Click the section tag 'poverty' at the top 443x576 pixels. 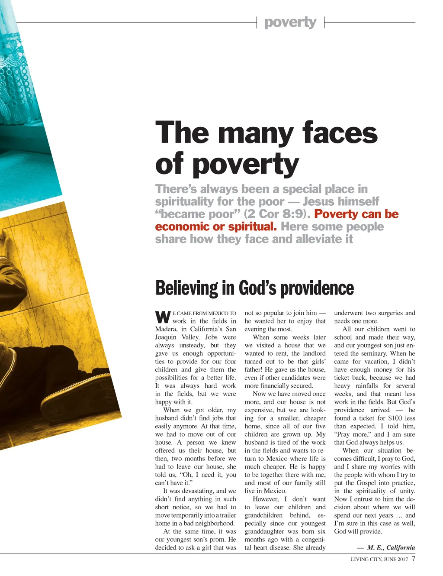[x=290, y=22]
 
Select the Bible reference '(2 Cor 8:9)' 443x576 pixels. [x=275, y=214]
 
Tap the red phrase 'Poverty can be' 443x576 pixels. [x=356, y=214]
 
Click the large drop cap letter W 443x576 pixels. [x=163, y=317]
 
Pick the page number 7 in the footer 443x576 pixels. [x=413, y=559]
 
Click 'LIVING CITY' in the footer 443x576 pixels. [x=366, y=559]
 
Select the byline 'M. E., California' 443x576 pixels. [x=391, y=547]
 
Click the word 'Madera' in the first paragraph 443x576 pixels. [x=166, y=329]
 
